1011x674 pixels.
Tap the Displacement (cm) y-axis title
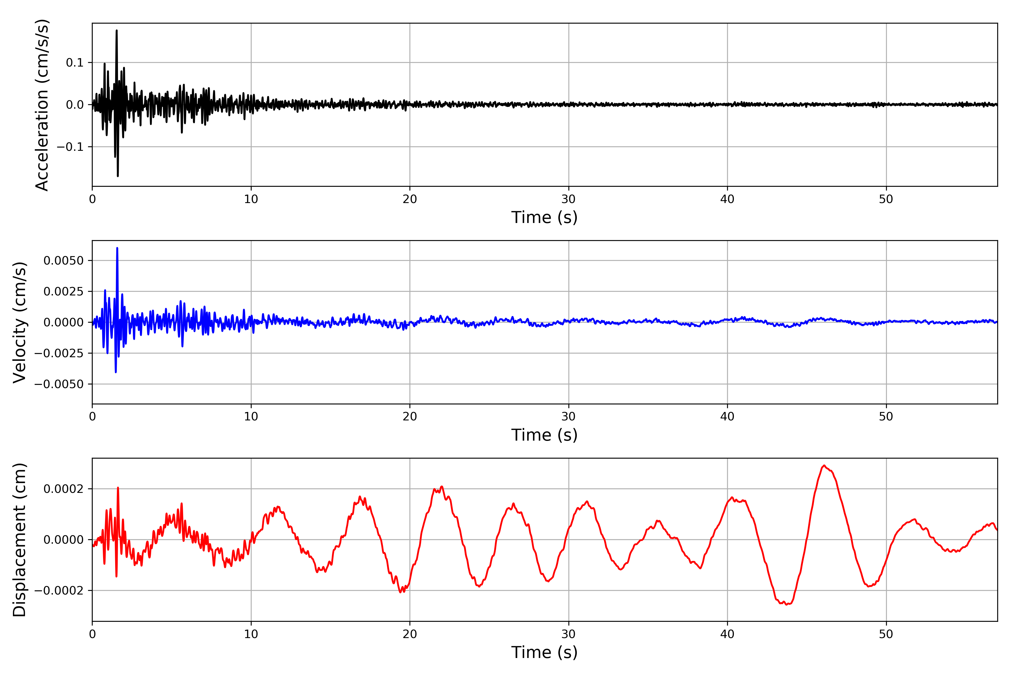[x=19, y=539]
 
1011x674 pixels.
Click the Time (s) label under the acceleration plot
[x=544, y=217]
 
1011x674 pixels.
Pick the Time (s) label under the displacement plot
[x=544, y=652]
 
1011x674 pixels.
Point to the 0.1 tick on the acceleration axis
[x=75, y=63]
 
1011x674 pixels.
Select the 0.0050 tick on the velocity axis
[x=64, y=261]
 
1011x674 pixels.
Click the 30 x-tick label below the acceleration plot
[x=568, y=199]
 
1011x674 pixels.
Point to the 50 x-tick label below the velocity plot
[x=886, y=416]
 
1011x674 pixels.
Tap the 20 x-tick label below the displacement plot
[x=410, y=634]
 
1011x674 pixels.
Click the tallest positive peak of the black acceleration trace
[x=117, y=31]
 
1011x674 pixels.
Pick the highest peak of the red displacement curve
[x=824, y=466]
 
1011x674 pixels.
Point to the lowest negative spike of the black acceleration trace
[x=118, y=176]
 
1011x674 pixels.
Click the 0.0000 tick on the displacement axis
[x=64, y=540]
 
